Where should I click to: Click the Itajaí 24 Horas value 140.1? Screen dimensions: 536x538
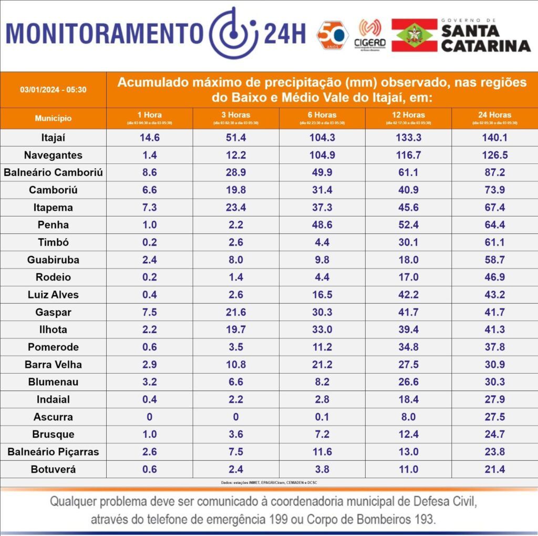tap(494, 138)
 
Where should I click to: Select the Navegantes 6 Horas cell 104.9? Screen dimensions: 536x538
tap(322, 155)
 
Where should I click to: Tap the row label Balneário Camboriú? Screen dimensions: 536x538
tap(54, 172)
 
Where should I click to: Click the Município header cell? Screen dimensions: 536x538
tap(53, 118)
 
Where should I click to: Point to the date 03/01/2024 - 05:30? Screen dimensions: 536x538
tap(53, 89)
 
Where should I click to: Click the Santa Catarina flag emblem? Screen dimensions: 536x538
tap(414, 35)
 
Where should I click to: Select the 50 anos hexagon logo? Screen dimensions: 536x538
tap(333, 35)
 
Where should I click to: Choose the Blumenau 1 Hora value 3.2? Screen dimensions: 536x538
tap(150, 382)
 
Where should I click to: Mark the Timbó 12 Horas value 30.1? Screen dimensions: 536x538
tap(408, 242)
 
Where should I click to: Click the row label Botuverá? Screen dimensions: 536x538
tap(54, 469)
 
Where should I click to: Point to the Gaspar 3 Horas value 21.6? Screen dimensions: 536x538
tap(236, 312)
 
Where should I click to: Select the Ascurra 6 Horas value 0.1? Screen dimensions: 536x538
tap(322, 417)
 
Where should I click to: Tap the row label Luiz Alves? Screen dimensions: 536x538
tap(54, 295)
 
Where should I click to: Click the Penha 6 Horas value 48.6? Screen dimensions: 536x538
tap(322, 225)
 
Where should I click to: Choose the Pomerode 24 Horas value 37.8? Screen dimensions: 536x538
tap(494, 347)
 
